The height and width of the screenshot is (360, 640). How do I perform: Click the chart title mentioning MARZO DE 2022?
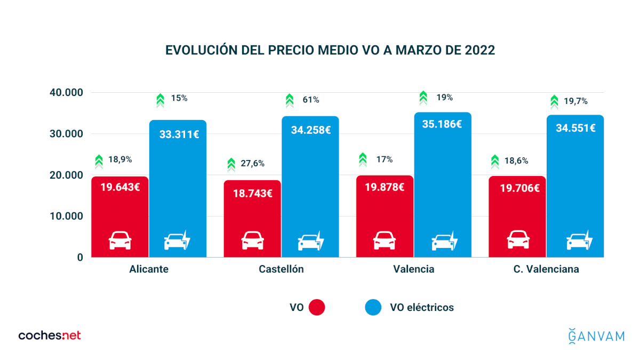(330, 50)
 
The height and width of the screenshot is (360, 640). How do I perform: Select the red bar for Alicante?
(119, 213)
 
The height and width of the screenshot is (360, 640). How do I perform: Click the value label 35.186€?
(442, 124)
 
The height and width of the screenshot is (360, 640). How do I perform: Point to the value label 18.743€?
(252, 193)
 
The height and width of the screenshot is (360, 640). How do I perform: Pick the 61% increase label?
(311, 100)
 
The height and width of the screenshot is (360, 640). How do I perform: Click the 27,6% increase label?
(252, 163)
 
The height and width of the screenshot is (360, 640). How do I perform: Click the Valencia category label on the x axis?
(413, 269)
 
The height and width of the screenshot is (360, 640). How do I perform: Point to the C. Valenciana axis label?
(546, 269)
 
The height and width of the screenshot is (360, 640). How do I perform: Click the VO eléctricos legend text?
(422, 307)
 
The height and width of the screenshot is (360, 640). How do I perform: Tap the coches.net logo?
(50, 335)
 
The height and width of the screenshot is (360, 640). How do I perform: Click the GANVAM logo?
(596, 336)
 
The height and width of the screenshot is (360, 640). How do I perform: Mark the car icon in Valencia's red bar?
(385, 241)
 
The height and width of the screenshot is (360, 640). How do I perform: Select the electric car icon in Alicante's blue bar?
(177, 241)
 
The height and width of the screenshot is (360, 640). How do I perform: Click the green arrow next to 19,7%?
(554, 101)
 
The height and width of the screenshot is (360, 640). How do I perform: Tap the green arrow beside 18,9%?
(99, 161)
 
